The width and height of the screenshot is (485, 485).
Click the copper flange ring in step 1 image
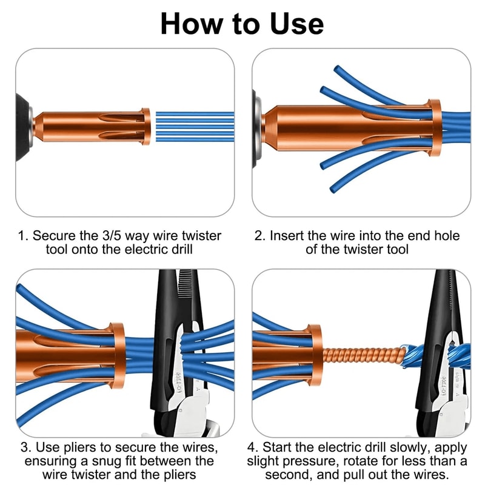[145, 127]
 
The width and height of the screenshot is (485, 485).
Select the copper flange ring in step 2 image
[433, 128]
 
